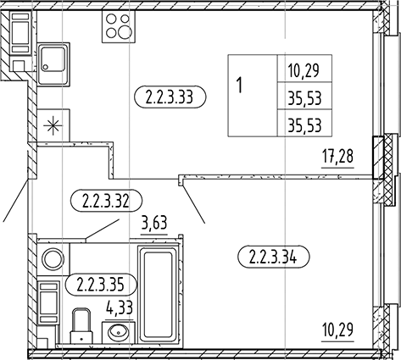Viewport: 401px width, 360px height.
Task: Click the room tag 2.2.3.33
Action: pos(170,97)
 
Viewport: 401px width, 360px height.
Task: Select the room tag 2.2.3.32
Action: pos(106,200)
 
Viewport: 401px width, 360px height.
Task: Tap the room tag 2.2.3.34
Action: pos(274,257)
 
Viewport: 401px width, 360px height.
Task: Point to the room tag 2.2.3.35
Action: pos(101,284)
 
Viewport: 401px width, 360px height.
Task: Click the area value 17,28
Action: pos(338,157)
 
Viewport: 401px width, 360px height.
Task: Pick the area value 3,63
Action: pos(154,223)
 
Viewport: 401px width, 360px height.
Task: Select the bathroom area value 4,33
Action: pos(120,308)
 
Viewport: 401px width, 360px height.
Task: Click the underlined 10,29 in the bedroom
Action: pos(338,330)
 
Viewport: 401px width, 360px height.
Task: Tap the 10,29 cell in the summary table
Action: pos(304,70)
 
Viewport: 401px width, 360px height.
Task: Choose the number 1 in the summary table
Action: pos(240,85)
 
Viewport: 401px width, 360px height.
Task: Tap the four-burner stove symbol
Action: pos(119,26)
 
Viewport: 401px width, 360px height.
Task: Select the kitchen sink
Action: pos(53,64)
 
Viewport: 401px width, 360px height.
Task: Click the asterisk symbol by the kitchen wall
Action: pos(53,125)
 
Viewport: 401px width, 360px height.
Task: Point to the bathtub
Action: pos(158,294)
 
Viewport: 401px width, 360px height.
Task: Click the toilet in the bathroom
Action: pos(81,326)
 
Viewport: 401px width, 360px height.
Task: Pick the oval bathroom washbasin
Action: pos(120,332)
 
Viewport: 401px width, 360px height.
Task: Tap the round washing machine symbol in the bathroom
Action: pos(53,258)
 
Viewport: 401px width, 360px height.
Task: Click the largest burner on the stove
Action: pos(125,32)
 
